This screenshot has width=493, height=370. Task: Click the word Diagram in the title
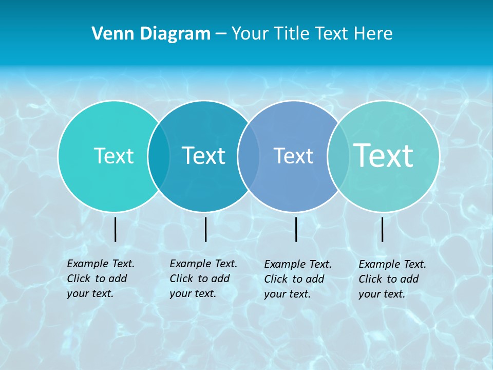(175, 33)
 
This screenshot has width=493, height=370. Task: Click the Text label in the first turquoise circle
(113, 156)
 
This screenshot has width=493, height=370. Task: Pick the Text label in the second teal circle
(204, 156)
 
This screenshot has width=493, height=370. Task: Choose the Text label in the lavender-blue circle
(293, 156)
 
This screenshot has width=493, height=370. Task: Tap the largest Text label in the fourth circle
(384, 155)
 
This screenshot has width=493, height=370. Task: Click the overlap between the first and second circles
(159, 156)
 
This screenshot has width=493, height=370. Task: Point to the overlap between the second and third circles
(249, 156)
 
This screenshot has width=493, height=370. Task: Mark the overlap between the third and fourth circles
(338, 156)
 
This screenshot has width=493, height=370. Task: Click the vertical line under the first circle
(115, 229)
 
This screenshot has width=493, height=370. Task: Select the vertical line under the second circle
(205, 229)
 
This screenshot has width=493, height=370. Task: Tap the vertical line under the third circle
(296, 229)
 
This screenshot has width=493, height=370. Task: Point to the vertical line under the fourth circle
(383, 229)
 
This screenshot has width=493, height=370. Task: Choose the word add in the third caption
(315, 279)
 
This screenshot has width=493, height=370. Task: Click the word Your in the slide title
(249, 33)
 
